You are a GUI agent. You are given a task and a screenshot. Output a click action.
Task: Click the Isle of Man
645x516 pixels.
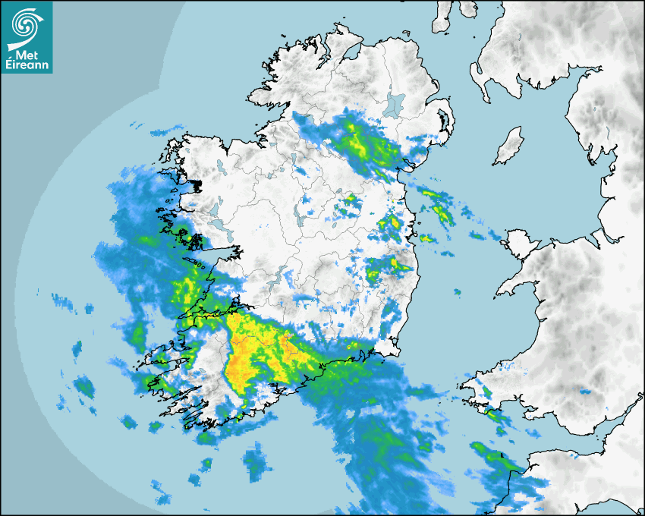pos(508,146)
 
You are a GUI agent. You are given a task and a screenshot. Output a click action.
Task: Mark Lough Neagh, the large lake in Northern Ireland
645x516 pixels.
pos(395,102)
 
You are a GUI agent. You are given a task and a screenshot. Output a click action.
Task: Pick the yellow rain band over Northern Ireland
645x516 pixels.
pos(357,140)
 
